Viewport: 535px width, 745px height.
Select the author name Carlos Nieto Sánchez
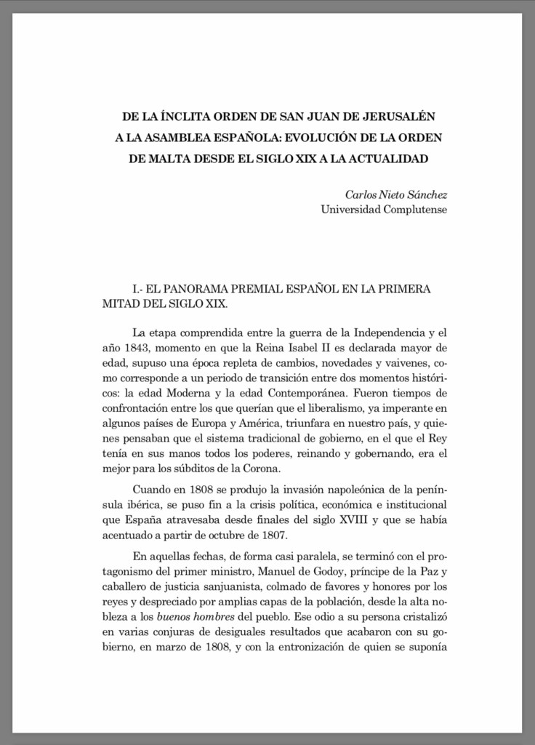pos(395,194)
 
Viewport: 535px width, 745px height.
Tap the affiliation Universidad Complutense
pos(384,210)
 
